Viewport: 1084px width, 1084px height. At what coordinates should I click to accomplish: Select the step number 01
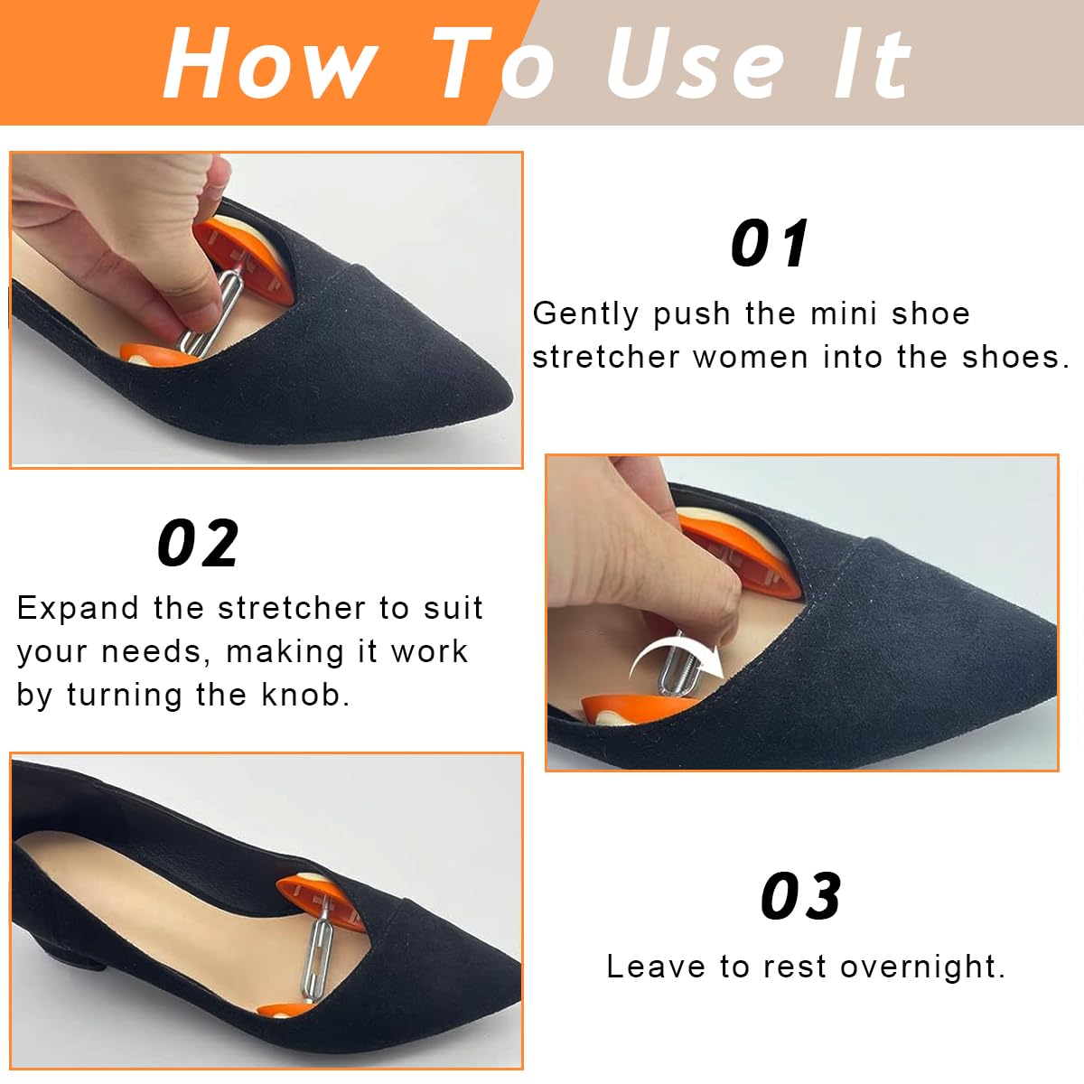770,243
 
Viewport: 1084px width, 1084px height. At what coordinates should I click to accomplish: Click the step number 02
198,542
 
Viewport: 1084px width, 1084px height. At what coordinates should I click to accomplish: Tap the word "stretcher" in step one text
604,357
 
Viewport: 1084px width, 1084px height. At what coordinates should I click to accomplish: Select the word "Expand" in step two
78,610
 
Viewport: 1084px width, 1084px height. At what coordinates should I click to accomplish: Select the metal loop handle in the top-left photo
214,313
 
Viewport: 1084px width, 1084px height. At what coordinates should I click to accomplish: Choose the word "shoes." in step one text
1015,357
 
